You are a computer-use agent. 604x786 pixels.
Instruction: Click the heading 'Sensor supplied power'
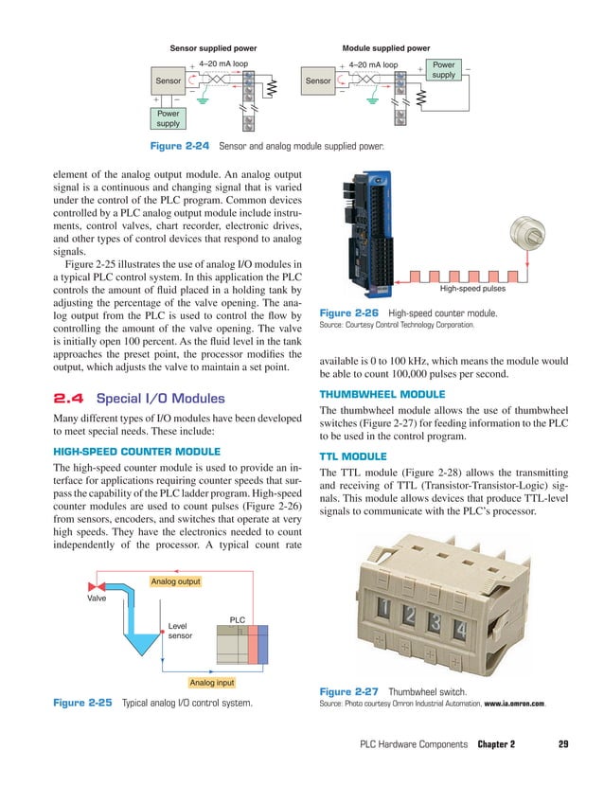(x=213, y=47)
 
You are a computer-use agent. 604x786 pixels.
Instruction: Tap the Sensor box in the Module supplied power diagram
(x=318, y=81)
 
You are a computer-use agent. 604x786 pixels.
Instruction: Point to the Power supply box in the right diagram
(x=443, y=71)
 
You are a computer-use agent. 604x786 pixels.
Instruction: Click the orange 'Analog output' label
(x=175, y=581)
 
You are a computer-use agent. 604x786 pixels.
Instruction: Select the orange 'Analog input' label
(x=213, y=681)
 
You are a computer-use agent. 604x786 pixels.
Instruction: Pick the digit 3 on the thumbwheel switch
(x=435, y=621)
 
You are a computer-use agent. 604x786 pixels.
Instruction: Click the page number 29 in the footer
(x=562, y=745)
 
